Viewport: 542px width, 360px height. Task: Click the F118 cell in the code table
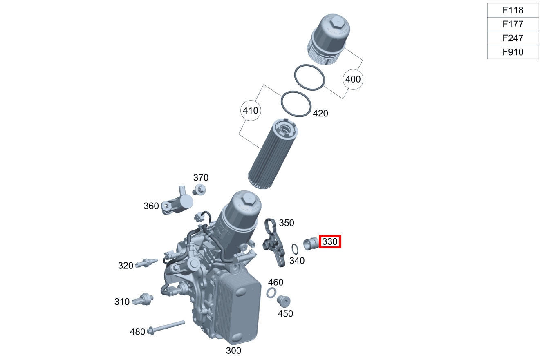[x=513, y=10]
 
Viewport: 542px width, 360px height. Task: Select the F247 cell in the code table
[x=513, y=38]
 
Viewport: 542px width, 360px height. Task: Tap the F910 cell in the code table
[x=513, y=52]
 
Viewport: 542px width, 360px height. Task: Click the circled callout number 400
[x=353, y=79]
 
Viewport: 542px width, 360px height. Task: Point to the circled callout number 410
[x=251, y=111]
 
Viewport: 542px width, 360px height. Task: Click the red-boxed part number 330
[x=330, y=241]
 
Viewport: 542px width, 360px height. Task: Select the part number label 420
[x=320, y=113]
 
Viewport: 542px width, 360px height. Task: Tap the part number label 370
[x=201, y=178]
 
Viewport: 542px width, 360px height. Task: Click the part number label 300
[x=233, y=351]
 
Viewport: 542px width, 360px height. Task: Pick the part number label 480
[x=137, y=332]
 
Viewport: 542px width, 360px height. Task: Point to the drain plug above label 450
[x=284, y=301]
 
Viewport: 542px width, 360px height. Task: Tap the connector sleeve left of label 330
[x=311, y=244]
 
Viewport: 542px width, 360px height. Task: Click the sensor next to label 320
[x=146, y=263]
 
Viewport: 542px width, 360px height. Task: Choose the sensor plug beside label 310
[x=143, y=300]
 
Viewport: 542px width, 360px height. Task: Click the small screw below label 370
[x=199, y=190]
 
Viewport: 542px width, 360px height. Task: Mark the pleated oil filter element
[x=273, y=154]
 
